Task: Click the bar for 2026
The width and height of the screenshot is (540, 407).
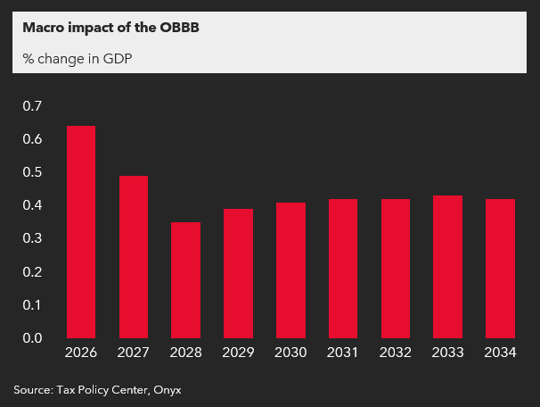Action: [x=81, y=232]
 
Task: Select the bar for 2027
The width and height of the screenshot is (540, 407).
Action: [x=134, y=257]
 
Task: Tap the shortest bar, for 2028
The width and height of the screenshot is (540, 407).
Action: [x=186, y=280]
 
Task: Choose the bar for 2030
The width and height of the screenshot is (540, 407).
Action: [x=290, y=270]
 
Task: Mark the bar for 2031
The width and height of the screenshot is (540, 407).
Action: [x=343, y=269]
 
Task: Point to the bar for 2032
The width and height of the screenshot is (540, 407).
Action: [x=396, y=269]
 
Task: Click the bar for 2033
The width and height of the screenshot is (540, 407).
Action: [x=447, y=267]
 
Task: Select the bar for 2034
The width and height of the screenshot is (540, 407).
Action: [x=500, y=269]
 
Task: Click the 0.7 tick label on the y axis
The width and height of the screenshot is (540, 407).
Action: [x=32, y=106]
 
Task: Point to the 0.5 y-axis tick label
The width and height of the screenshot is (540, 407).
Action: [x=32, y=172]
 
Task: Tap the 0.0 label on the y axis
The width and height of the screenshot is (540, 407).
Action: [x=32, y=338]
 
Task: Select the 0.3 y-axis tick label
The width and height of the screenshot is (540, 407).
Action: [x=32, y=238]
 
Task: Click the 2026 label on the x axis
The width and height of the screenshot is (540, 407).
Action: [x=81, y=353]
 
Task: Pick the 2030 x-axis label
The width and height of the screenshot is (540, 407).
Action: [x=290, y=353]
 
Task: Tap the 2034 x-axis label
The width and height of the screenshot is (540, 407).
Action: [x=500, y=353]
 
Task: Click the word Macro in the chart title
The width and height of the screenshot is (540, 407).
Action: [x=43, y=27]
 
